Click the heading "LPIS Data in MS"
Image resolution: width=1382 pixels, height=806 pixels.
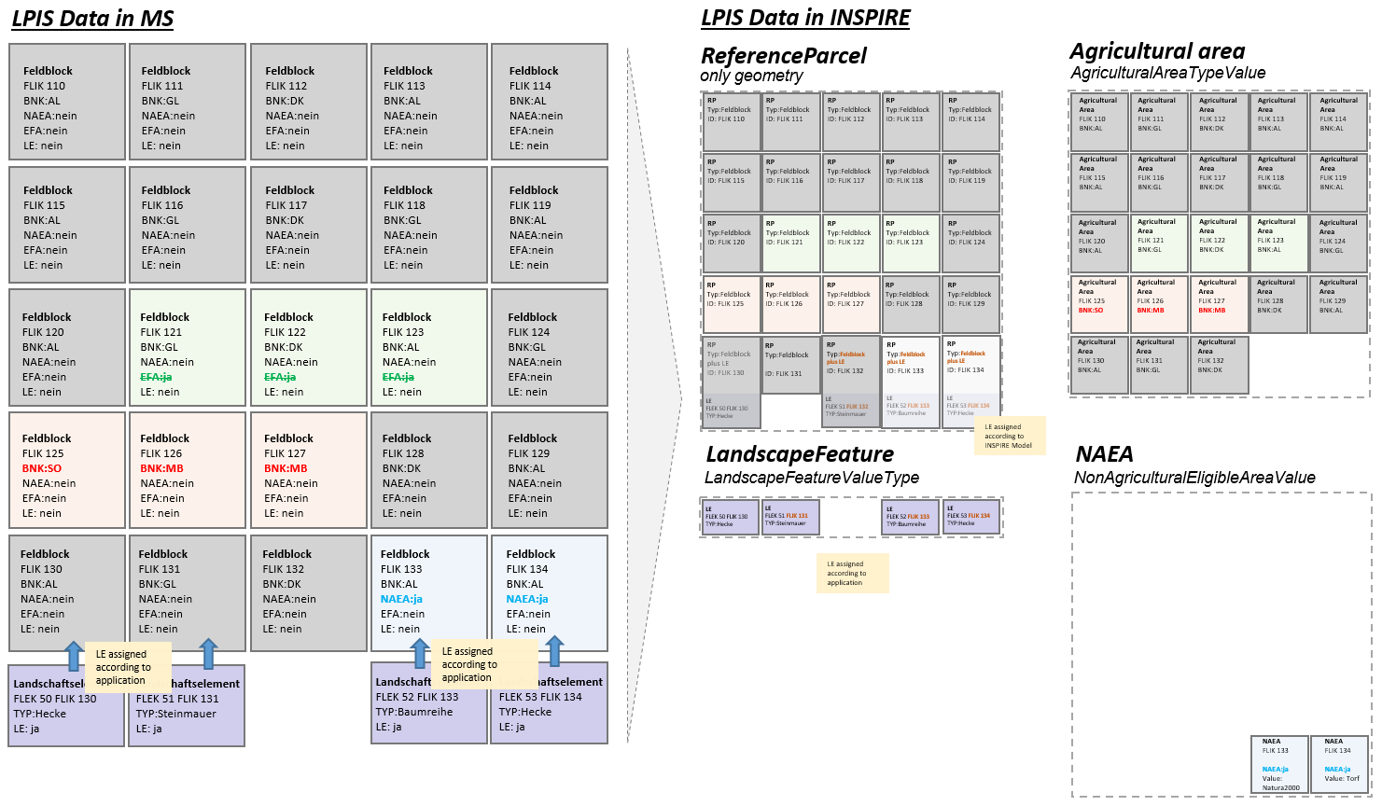coord(92,19)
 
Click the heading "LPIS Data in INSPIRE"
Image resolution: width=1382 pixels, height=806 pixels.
coord(805,18)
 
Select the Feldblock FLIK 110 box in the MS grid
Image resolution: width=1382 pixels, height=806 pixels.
coord(67,102)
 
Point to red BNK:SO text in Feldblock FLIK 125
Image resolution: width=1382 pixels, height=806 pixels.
coord(42,468)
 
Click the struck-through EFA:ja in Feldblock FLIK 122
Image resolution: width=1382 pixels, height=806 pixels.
coord(280,377)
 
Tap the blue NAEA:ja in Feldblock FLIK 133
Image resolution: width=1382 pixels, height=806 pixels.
coord(401,599)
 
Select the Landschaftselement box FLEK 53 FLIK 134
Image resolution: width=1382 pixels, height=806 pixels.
coord(550,704)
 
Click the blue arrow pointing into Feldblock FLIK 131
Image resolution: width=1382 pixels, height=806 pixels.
coord(208,654)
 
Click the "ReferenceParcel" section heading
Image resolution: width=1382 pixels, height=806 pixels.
coord(783,56)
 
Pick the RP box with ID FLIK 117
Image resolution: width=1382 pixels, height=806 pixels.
coord(850,183)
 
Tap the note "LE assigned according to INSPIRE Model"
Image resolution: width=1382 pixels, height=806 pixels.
coord(1008,436)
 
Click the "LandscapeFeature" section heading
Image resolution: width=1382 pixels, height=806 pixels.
coord(800,454)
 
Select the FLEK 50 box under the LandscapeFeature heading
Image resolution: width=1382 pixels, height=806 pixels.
coord(730,518)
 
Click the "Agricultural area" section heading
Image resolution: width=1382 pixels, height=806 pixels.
coord(1157,51)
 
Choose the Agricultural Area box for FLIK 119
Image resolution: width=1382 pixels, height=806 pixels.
coord(1338,183)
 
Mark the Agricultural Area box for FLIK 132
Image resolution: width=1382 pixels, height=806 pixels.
coord(1218,364)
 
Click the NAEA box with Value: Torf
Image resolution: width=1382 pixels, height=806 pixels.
coord(1339,764)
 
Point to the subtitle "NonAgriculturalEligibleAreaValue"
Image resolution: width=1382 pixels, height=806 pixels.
coord(1194,478)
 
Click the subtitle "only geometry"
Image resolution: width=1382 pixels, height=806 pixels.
coord(751,76)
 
